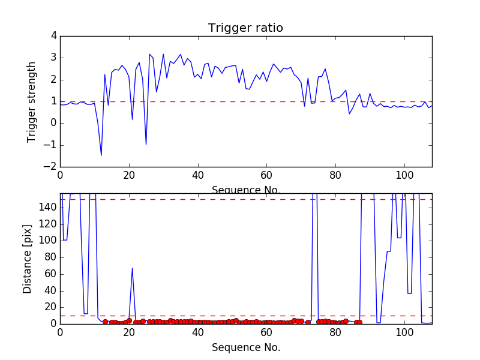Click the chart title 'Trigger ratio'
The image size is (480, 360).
click(x=245, y=28)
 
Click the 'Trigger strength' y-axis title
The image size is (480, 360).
click(x=32, y=101)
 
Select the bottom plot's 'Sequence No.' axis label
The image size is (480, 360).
click(x=245, y=347)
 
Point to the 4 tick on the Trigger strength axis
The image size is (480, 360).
click(x=53, y=36)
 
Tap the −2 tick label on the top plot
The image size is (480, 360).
click(x=50, y=167)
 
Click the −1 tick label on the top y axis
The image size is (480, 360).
click(x=50, y=145)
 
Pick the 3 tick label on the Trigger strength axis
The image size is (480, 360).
click(x=53, y=58)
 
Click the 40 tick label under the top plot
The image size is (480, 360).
click(x=197, y=176)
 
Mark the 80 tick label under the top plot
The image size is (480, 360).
click(x=335, y=176)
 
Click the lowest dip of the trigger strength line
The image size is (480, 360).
click(x=101, y=155)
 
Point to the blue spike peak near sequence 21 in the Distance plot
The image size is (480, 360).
click(x=132, y=268)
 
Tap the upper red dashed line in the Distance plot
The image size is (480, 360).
click(x=240, y=199)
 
